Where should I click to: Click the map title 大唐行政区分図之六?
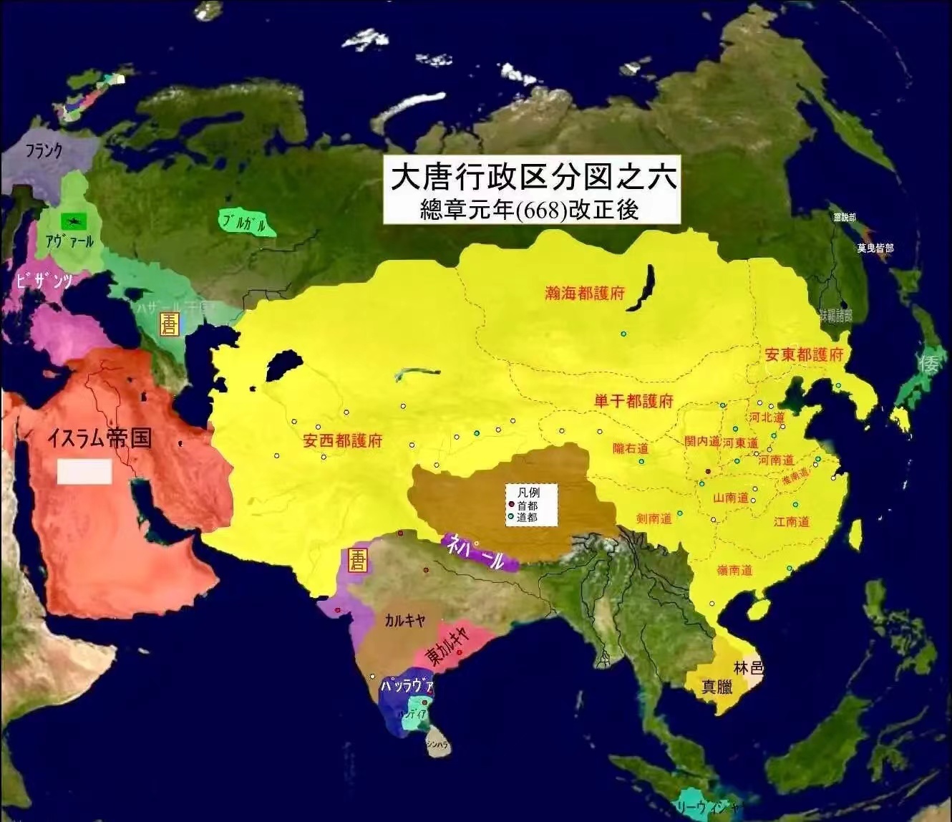[533, 177]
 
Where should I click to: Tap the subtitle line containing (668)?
[530, 210]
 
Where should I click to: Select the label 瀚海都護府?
[585, 293]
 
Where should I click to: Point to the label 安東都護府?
[804, 354]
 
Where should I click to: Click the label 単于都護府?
[633, 402]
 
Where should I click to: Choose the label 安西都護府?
[342, 441]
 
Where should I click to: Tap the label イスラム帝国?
[99, 437]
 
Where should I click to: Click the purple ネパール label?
[477, 552]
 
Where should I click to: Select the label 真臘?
[717, 687]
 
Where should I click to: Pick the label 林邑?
[749, 668]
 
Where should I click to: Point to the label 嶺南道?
[734, 571]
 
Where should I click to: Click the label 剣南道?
[654, 518]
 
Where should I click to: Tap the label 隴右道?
[631, 448]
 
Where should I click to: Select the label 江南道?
[791, 522]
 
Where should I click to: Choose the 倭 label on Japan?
[929, 364]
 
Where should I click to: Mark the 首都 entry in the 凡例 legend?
[527, 506]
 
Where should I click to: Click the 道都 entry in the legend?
[527, 517]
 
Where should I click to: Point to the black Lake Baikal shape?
[642, 288]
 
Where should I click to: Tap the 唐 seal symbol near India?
[357, 561]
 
